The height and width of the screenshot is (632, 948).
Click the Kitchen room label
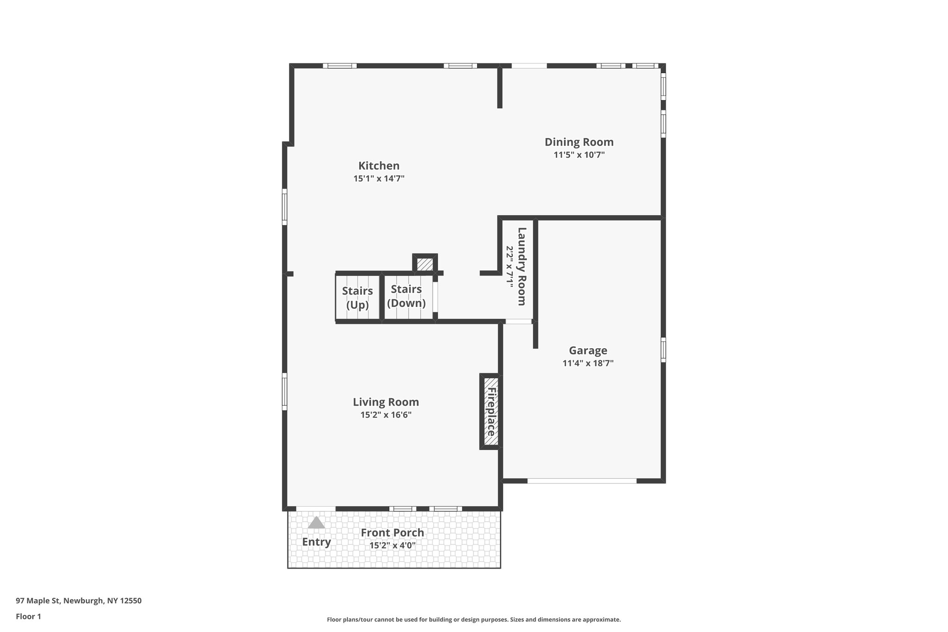[x=379, y=166]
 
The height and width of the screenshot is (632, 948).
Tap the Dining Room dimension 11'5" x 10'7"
[x=579, y=155]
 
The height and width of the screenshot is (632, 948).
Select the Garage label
[x=588, y=350]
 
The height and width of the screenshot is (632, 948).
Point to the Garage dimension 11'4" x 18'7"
[x=588, y=363]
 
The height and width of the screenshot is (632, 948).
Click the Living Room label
[x=386, y=402]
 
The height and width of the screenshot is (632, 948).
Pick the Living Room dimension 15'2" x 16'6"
[x=386, y=415]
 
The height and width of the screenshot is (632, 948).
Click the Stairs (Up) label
[x=357, y=298]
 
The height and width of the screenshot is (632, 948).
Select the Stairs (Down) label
[x=406, y=296]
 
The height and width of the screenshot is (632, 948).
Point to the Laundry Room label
[x=522, y=266]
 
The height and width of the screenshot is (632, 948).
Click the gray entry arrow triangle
[x=317, y=523]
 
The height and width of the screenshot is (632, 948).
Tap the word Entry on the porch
[x=317, y=542]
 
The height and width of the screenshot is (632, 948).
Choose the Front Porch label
[x=392, y=533]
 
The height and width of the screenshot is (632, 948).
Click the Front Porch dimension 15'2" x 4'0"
[x=392, y=545]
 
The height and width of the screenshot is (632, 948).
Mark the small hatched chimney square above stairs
[x=425, y=264]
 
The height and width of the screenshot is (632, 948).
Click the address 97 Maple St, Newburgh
[x=79, y=601]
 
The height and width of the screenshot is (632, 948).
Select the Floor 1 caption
[x=29, y=616]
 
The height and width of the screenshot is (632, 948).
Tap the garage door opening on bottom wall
[x=582, y=481]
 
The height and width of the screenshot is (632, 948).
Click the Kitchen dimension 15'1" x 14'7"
[x=379, y=179]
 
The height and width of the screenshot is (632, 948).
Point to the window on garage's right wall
[x=663, y=350]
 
